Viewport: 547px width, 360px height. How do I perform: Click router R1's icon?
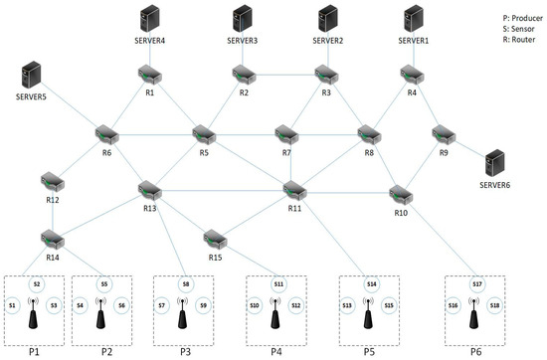point(150,76)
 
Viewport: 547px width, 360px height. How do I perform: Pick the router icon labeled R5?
point(205,131)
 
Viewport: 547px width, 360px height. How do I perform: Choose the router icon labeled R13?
point(150,188)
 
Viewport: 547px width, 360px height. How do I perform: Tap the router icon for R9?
point(442,132)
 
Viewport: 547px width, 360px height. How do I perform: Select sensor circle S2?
point(37,284)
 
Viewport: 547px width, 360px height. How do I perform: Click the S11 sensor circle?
point(278,284)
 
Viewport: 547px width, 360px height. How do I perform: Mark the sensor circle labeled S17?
point(477,284)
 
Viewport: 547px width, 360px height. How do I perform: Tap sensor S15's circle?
point(389,305)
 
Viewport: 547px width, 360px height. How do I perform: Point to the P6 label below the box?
point(476,351)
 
